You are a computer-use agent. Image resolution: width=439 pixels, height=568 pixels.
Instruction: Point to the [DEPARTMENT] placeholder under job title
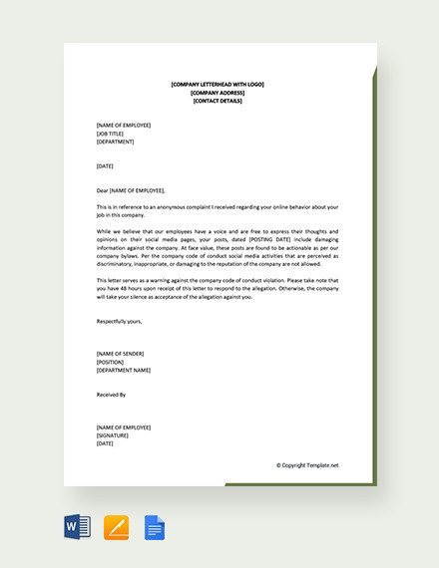tap(116, 142)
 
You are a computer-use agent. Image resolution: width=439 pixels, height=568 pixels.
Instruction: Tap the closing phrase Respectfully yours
tap(120, 321)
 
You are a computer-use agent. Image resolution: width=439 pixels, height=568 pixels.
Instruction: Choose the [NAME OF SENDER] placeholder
tap(121, 354)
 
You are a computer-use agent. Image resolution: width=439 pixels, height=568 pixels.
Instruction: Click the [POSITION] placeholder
tap(111, 362)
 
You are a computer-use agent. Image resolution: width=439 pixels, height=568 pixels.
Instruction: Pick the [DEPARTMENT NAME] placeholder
tap(124, 370)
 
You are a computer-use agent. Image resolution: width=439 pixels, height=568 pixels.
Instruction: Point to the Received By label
tap(112, 395)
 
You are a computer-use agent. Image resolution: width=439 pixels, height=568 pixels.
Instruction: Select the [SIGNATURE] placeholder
tap(113, 435)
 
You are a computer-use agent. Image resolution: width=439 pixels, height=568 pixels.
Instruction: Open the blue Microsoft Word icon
tap(78, 527)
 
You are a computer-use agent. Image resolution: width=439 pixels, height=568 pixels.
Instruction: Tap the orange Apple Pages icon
tap(117, 527)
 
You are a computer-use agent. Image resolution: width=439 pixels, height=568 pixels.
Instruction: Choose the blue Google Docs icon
tap(155, 527)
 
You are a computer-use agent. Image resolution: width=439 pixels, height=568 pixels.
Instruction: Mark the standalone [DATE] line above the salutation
tap(105, 165)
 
